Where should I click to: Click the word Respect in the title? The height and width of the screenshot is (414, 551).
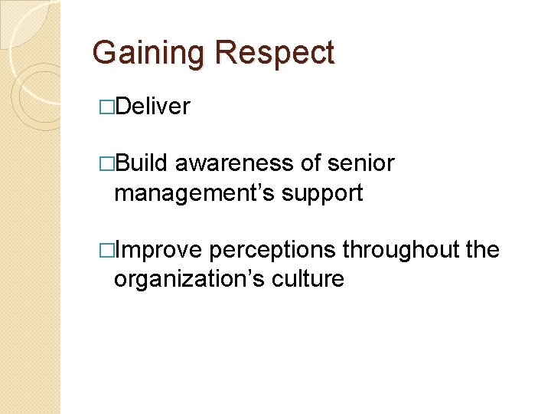(x=275, y=53)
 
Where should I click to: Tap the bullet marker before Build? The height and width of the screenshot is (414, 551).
(x=106, y=164)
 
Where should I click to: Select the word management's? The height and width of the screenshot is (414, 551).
(x=194, y=193)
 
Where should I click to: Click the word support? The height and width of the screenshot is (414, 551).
(x=322, y=193)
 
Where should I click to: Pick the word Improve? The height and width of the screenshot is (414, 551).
(x=158, y=250)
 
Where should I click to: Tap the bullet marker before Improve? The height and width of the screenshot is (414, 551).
(x=106, y=251)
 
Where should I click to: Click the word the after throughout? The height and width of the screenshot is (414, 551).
(x=482, y=250)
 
